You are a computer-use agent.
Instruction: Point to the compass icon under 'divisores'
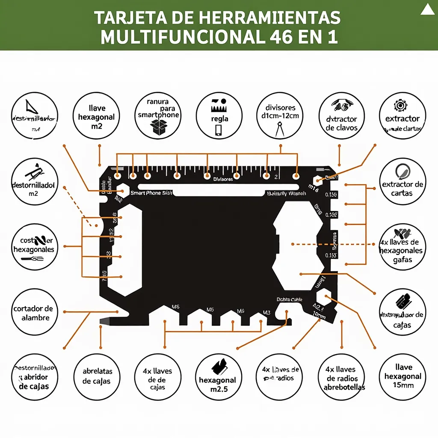point(280,129)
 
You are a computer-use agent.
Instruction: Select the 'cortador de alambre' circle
point(34,313)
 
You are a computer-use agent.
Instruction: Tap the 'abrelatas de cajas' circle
point(97,376)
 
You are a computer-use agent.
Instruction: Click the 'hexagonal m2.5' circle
point(218,376)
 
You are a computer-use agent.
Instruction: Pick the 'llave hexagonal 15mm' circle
point(402,376)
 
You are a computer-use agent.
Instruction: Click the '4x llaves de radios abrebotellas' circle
point(341,376)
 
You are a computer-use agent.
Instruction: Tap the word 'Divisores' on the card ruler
point(223,179)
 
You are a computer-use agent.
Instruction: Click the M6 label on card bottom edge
point(175,307)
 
